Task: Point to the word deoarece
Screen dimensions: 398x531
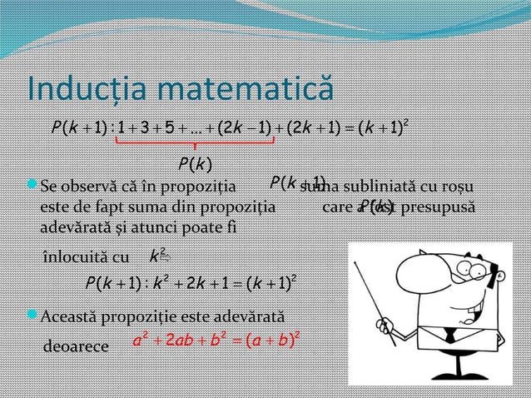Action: pos(75,346)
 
